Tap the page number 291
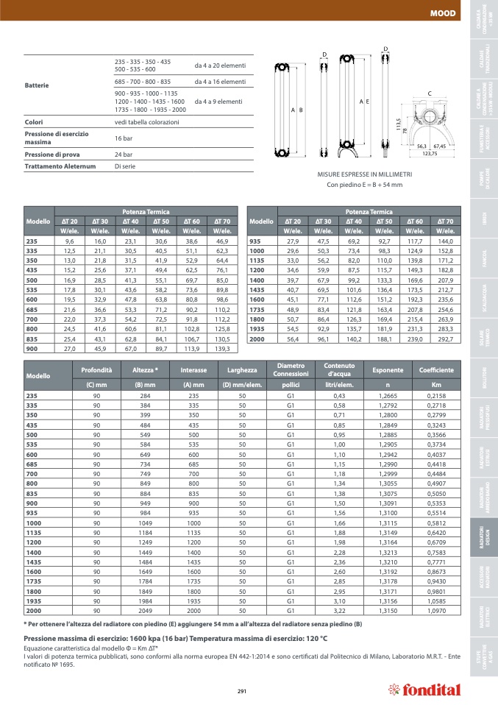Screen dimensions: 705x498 tap(241, 690)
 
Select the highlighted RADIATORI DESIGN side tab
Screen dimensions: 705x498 tap(483, 544)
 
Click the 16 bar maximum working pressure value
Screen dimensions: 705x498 tap(123, 138)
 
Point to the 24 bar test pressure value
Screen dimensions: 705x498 tap(124, 155)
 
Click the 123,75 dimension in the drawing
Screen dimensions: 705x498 tap(430, 154)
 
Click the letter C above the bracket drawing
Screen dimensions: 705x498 tap(429, 93)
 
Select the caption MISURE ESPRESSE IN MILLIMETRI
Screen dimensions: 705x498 tap(364, 174)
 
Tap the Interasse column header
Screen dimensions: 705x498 tap(193, 370)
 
